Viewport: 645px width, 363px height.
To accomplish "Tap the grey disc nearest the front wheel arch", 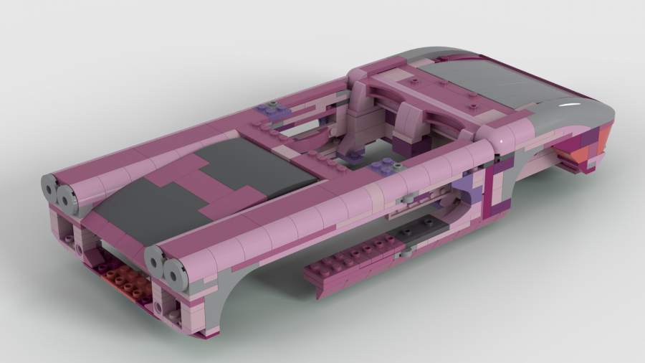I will pos(175,270).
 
